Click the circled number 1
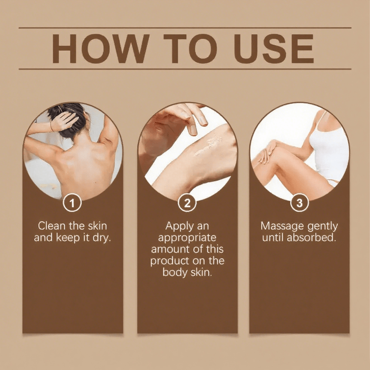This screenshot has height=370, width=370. [73, 203]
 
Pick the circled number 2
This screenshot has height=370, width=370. [187, 203]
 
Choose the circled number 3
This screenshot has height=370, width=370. [299, 203]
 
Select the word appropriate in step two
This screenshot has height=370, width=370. [187, 238]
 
